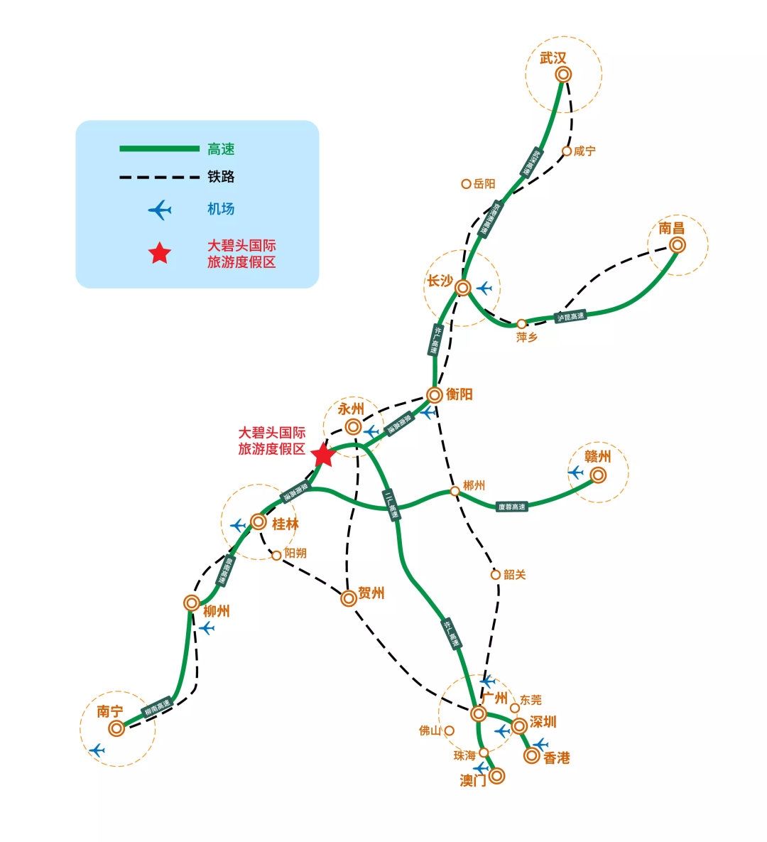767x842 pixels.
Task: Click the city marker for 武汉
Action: [563, 75]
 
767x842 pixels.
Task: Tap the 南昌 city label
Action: [671, 228]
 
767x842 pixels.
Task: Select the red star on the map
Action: [323, 455]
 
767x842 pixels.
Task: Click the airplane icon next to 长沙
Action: [484, 288]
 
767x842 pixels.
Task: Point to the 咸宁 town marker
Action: [567, 151]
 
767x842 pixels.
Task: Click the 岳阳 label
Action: [484, 184]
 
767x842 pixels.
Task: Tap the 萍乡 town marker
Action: [521, 324]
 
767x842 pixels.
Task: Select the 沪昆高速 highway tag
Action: [571, 317]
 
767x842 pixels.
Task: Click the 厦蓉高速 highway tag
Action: [512, 507]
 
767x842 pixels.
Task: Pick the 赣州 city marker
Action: [598, 475]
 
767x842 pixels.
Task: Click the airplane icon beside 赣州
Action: [575, 473]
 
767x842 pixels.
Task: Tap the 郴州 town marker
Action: [455, 491]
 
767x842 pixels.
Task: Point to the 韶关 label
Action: [514, 575]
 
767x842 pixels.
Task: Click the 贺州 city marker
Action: [348, 598]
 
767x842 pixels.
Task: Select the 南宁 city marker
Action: [116, 728]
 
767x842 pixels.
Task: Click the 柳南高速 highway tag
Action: [158, 708]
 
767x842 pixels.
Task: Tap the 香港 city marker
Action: [531, 756]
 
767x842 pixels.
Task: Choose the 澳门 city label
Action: [473, 781]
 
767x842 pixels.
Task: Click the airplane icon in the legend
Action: [160, 210]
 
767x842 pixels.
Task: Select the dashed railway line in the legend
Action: [159, 177]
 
